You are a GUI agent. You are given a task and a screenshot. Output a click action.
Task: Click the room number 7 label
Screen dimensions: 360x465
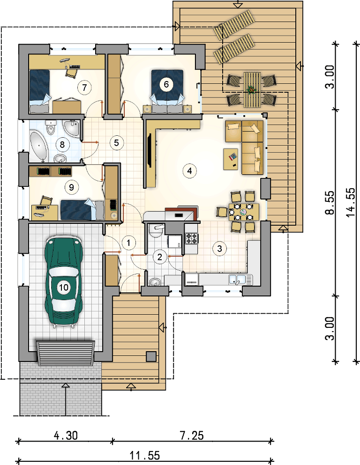[84, 88]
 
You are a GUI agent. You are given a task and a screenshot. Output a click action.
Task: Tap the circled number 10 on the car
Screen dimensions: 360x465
[63, 287]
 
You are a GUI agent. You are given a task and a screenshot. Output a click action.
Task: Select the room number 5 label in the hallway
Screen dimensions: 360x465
[116, 143]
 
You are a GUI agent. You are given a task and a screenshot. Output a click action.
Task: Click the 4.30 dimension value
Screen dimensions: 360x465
[66, 435]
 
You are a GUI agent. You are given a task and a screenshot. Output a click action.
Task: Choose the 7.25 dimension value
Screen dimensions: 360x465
[192, 435]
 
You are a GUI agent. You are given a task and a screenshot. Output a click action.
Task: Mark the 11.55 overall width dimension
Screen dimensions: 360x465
[144, 455]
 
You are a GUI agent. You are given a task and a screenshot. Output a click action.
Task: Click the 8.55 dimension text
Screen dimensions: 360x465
[330, 202]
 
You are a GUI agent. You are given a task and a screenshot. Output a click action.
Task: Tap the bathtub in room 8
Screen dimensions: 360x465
[38, 147]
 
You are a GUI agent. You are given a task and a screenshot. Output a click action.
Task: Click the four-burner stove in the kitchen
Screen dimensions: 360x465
[192, 238]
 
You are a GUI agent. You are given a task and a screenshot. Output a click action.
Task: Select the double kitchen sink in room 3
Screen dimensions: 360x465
[240, 280]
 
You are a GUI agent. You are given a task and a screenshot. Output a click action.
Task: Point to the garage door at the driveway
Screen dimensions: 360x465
[66, 353]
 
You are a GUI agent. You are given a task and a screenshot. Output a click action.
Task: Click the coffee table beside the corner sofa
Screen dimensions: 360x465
[231, 158]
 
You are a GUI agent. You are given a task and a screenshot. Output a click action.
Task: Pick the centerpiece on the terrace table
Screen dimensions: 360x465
[252, 89]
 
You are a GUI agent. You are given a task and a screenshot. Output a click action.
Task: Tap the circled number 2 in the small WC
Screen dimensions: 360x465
[160, 257]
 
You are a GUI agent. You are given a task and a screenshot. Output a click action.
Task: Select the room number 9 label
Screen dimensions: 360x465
[71, 187]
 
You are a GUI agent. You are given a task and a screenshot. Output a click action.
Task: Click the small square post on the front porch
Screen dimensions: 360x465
[151, 356]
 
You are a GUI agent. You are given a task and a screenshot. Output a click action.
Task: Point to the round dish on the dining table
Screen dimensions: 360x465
[243, 212]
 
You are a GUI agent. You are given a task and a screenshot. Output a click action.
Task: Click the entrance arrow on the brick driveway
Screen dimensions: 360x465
[66, 399]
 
